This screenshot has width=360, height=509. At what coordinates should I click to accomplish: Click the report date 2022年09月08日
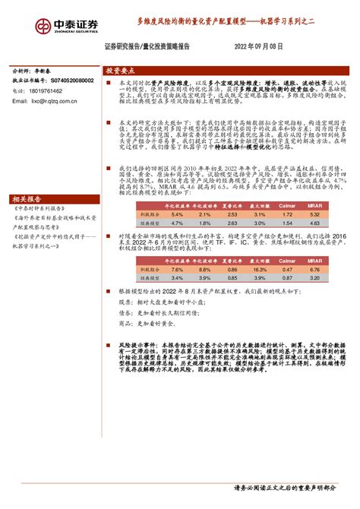[x=259, y=46]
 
